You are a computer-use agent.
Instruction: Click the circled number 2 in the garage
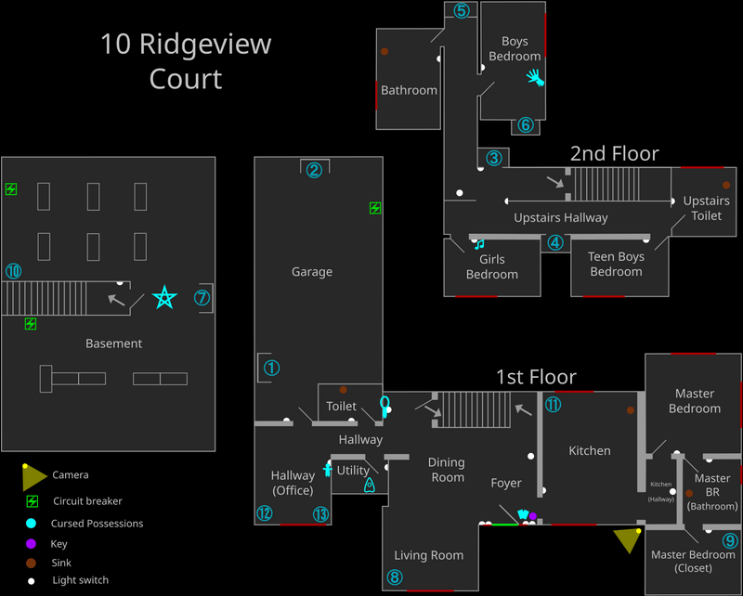point(314,170)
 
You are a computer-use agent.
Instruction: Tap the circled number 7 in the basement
point(202,298)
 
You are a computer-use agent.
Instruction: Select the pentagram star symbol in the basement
point(164,298)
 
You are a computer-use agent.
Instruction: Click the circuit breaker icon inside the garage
point(374,208)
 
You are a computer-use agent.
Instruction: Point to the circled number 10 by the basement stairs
point(13,271)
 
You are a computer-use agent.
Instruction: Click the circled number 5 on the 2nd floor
point(462,11)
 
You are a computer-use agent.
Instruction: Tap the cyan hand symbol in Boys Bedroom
point(534,76)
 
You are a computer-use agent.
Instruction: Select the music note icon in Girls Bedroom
point(479,244)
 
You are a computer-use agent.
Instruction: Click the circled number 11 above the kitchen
point(553,405)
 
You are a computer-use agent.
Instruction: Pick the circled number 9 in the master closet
point(729,541)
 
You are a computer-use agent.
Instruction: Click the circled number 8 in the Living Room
point(395,577)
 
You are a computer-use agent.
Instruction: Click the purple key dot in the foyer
point(533,516)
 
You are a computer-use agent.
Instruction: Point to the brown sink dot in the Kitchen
point(632,409)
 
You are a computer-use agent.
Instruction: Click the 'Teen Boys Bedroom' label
point(616,265)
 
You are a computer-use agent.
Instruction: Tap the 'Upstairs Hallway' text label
point(561,217)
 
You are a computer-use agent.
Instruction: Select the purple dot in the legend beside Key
point(31,544)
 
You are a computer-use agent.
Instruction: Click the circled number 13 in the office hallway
point(321,513)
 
